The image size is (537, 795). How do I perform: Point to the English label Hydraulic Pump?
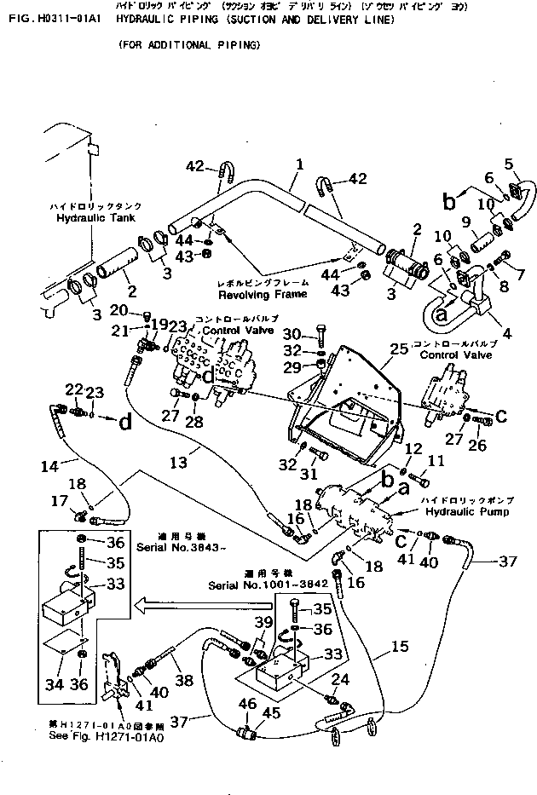click(467, 512)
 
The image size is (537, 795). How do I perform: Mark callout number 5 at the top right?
click(509, 163)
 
